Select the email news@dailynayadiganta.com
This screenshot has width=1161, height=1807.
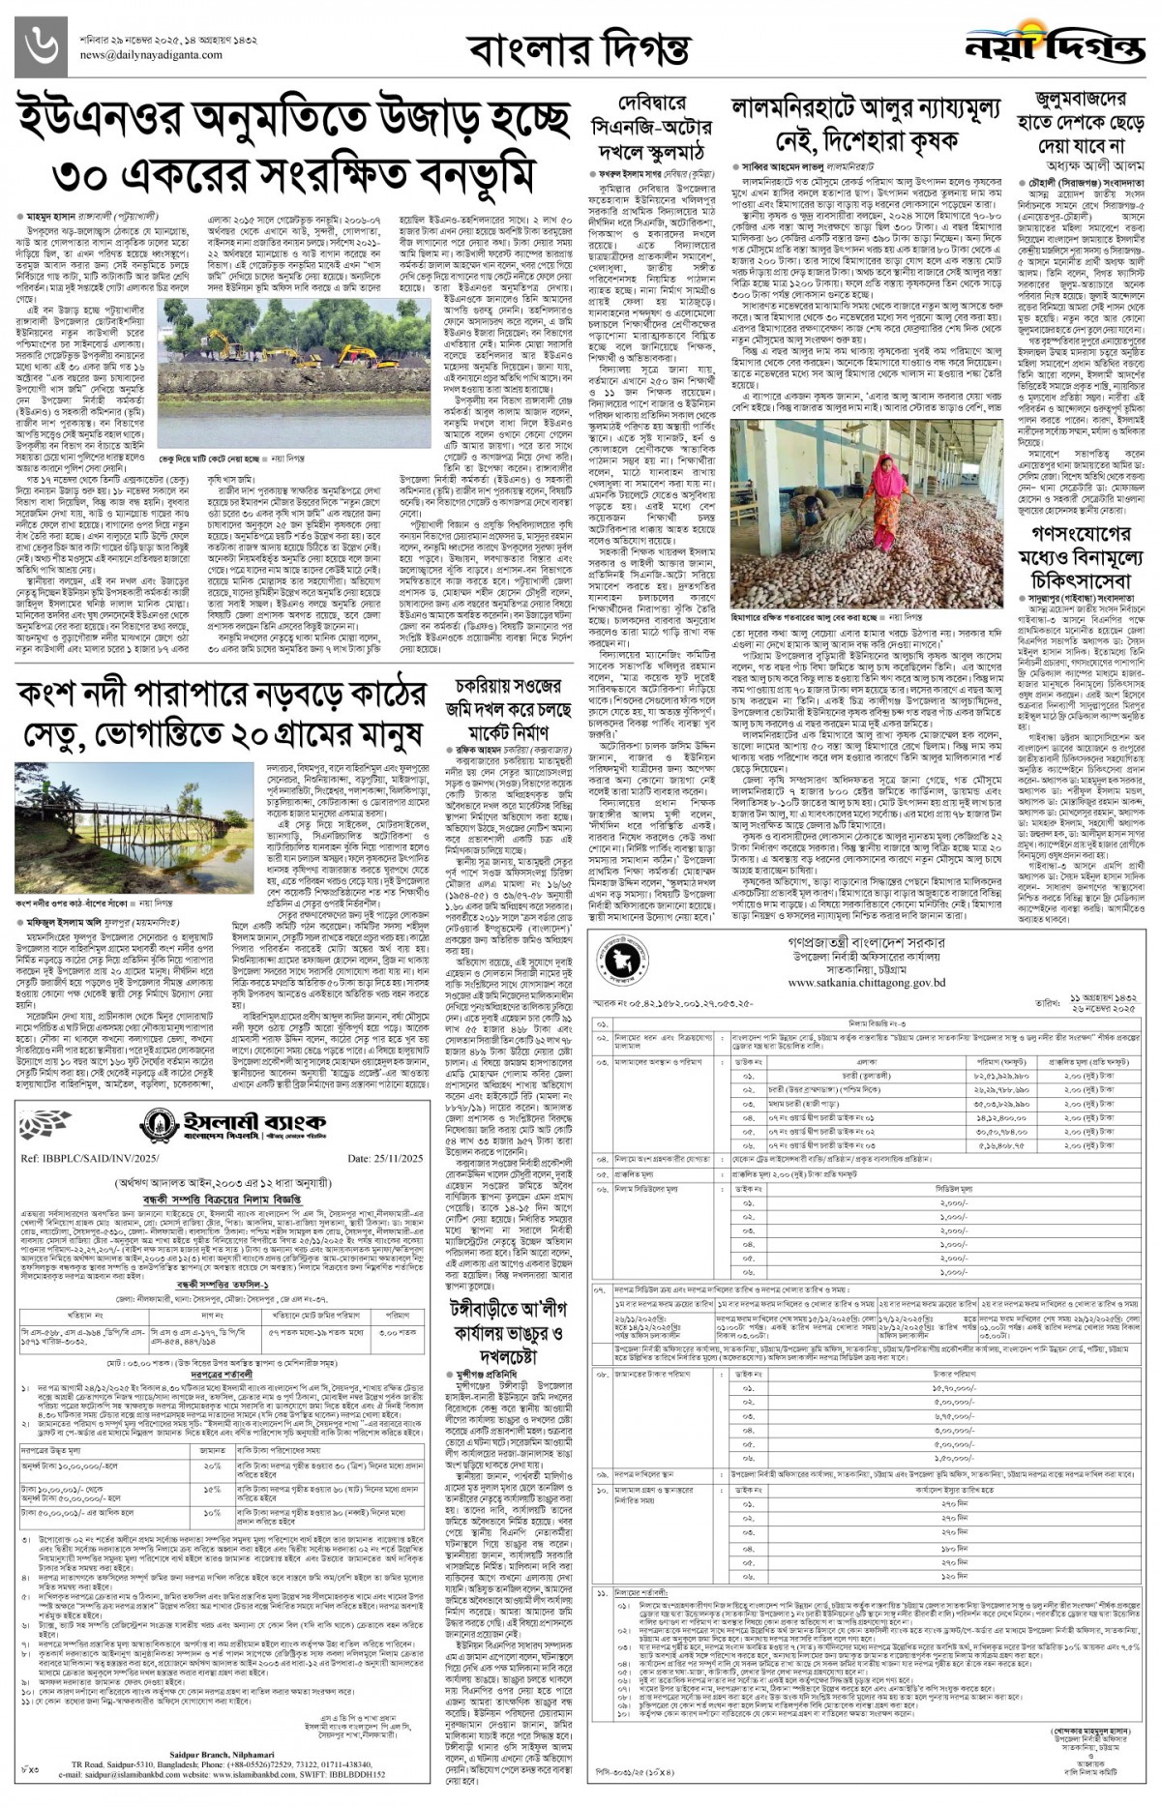(141, 56)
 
